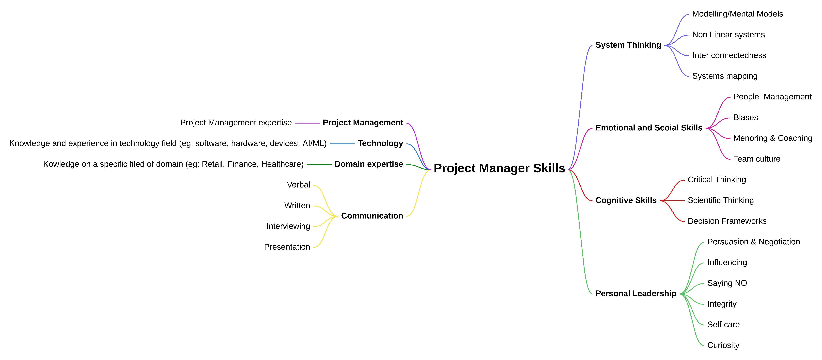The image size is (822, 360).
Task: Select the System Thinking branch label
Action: [628, 45]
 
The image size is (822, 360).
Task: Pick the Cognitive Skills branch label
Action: [626, 200]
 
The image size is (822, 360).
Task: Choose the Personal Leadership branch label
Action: [636, 294]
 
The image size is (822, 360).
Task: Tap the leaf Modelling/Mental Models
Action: [737, 14]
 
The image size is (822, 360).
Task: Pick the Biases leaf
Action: [745, 117]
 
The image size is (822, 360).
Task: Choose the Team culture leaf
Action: [757, 159]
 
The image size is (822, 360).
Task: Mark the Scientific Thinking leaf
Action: [721, 200]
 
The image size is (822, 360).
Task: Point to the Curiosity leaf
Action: [723, 345]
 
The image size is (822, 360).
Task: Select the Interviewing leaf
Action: [288, 226]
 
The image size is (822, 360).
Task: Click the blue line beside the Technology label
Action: [342, 144]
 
